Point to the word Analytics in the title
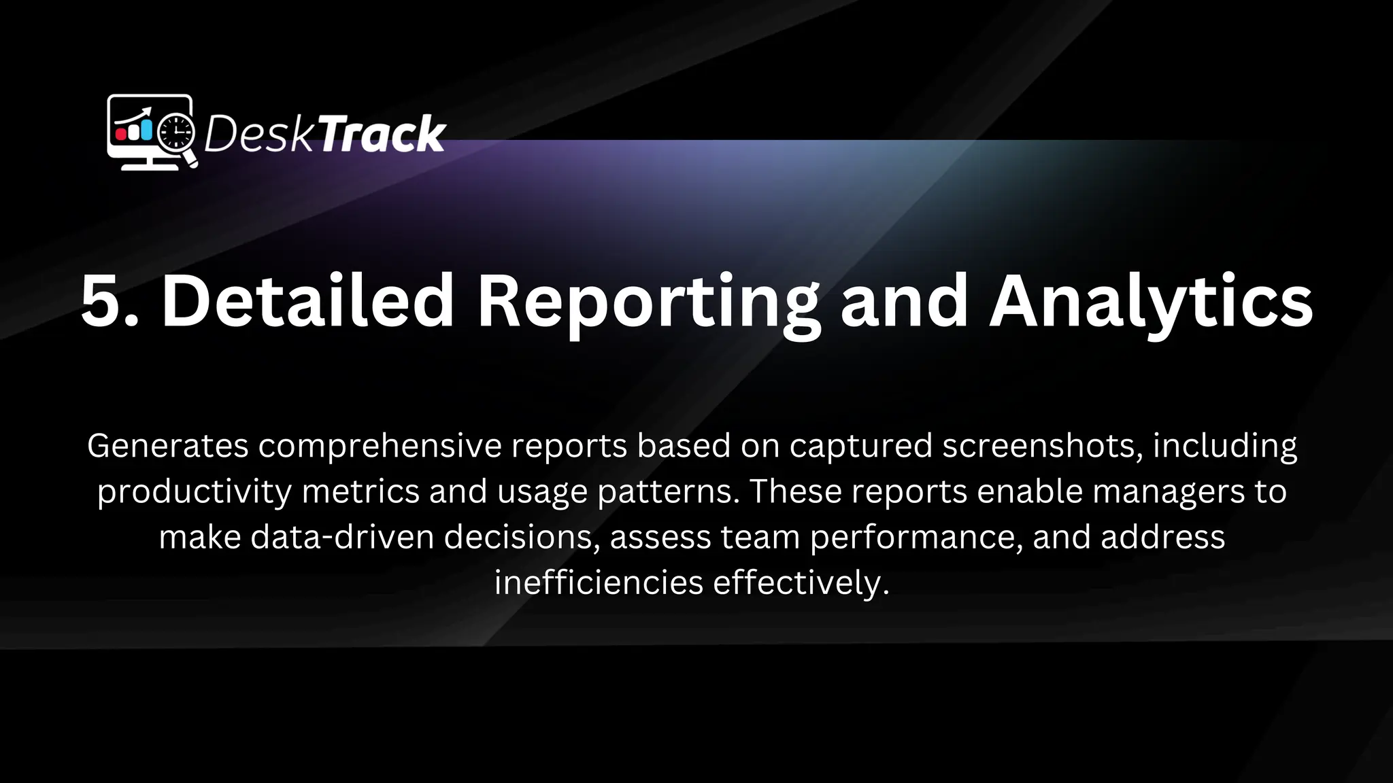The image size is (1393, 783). point(1150,302)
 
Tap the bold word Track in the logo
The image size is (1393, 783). point(382,134)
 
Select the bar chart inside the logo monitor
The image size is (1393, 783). point(135,128)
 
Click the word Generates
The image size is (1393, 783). point(167,447)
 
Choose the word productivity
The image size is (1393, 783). point(194,492)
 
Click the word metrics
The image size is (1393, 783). point(360,492)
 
